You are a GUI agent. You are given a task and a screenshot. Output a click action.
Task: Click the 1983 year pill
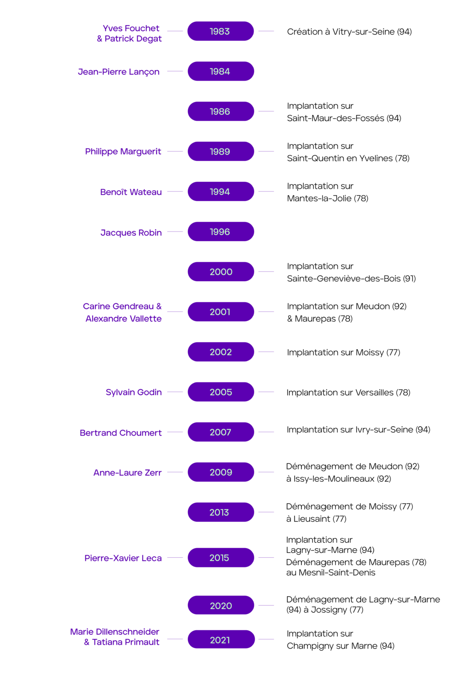tap(220, 31)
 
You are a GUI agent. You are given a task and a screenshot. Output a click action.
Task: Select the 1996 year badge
tap(220, 232)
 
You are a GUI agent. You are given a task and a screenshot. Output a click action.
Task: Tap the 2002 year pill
tap(220, 352)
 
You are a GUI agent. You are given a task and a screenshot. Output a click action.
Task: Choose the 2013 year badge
tap(220, 512)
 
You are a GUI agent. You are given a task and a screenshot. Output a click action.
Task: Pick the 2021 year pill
tap(220, 640)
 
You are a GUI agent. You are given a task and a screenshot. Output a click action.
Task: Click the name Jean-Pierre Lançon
tap(119, 72)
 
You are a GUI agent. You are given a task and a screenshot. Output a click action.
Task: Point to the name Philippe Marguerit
tap(123, 152)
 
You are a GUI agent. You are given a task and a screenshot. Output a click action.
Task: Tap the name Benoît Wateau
tap(131, 192)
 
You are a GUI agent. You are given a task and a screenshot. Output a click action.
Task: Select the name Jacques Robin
tap(131, 232)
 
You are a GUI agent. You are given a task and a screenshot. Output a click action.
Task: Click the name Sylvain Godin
tap(134, 392)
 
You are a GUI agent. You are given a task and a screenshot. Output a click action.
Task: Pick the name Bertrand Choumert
tap(120, 432)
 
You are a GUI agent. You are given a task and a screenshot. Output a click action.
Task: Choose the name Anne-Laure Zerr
tap(127, 473)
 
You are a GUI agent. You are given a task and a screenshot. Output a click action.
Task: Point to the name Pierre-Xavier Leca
tap(123, 558)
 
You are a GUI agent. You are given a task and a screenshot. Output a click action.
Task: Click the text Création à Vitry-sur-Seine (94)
tap(349, 31)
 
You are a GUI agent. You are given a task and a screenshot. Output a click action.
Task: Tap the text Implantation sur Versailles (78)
tap(349, 392)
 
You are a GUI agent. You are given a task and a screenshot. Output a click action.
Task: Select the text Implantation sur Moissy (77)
tap(343, 352)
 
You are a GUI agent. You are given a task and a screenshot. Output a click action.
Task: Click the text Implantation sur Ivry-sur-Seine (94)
tap(359, 429)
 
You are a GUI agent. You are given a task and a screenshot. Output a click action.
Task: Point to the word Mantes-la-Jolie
tap(319, 198)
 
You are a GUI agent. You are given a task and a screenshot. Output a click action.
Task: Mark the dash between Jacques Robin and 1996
tap(175, 232)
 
